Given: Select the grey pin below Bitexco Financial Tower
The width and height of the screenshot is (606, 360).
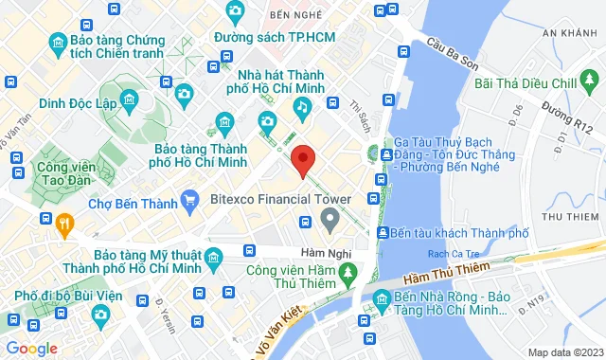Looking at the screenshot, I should point(330,222).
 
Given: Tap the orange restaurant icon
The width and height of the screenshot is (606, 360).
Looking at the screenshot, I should point(64,225).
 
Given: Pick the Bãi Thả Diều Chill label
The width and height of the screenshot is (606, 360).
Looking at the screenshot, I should point(537,82).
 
